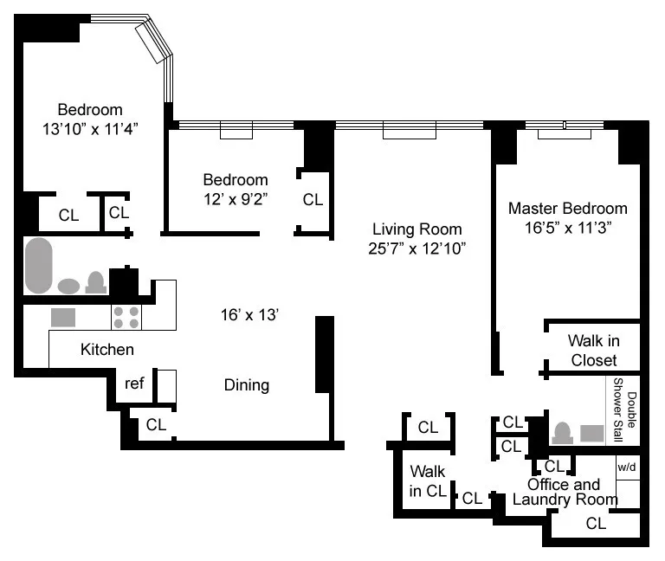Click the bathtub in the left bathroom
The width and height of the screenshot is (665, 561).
click(x=38, y=266)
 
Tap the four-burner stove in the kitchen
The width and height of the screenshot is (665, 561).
click(x=126, y=318)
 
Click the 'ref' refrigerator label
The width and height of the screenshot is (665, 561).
click(x=134, y=383)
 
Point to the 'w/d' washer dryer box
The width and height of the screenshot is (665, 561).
click(x=627, y=467)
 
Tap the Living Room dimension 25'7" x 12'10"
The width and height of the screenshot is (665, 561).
click(x=417, y=248)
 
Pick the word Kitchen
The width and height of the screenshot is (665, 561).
click(x=107, y=350)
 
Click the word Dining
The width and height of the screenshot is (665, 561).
click(x=247, y=385)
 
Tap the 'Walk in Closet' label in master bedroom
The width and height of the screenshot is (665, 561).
click(x=593, y=351)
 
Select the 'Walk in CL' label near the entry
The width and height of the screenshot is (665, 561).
click(x=427, y=481)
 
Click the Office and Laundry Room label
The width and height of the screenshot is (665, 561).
click(x=565, y=492)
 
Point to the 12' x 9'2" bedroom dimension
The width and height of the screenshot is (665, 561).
click(x=236, y=199)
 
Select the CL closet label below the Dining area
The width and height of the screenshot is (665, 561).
click(x=156, y=424)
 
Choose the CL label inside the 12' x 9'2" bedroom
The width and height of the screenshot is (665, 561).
click(x=313, y=199)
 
